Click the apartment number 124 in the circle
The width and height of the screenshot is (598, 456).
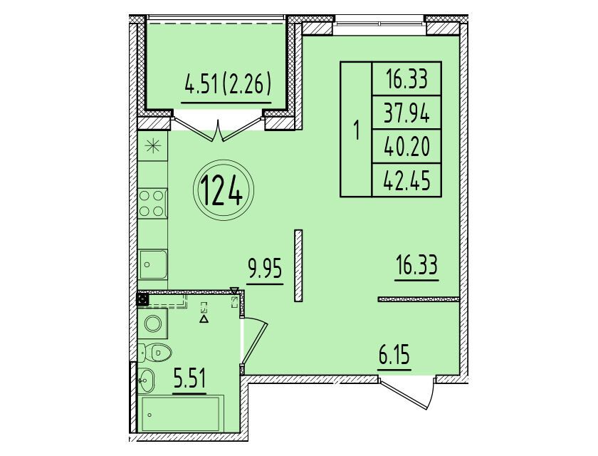coord(221,190)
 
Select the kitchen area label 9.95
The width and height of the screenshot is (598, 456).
coord(265,269)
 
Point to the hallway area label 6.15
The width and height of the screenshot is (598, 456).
coord(394,356)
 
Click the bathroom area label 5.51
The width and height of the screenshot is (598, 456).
coord(189,379)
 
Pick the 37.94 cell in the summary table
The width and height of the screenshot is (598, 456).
coord(406,113)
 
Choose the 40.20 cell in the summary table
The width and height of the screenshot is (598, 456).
coord(406,147)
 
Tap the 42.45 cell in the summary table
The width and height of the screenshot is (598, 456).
coord(406,180)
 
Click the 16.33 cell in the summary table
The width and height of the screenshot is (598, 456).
coord(406,79)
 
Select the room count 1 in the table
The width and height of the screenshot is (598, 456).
coord(357,130)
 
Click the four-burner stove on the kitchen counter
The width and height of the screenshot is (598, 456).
coord(152,204)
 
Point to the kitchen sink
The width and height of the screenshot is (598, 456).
coord(153,264)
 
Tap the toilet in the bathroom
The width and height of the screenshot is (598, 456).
coord(155,352)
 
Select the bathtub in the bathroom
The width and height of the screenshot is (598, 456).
coord(181,414)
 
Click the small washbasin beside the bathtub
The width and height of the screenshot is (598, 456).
coord(145,380)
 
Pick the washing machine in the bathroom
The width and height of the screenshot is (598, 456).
coord(152,323)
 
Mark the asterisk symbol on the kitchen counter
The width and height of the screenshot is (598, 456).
coord(152,146)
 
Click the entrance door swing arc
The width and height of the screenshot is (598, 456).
coord(432,395)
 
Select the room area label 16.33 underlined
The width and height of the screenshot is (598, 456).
coord(416,266)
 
